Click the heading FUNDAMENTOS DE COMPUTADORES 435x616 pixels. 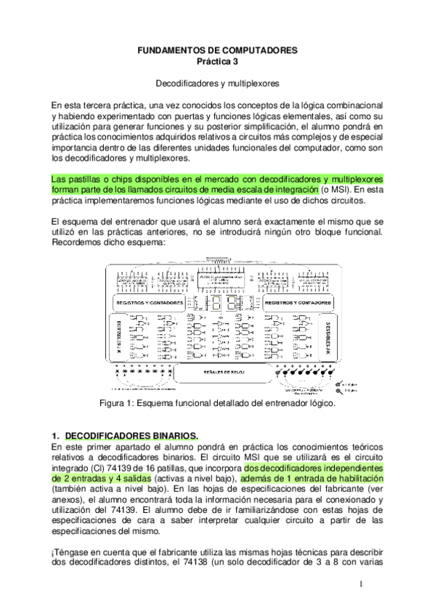(218, 51)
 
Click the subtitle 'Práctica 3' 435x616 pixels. (218, 62)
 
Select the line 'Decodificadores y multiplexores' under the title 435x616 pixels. (218, 84)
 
